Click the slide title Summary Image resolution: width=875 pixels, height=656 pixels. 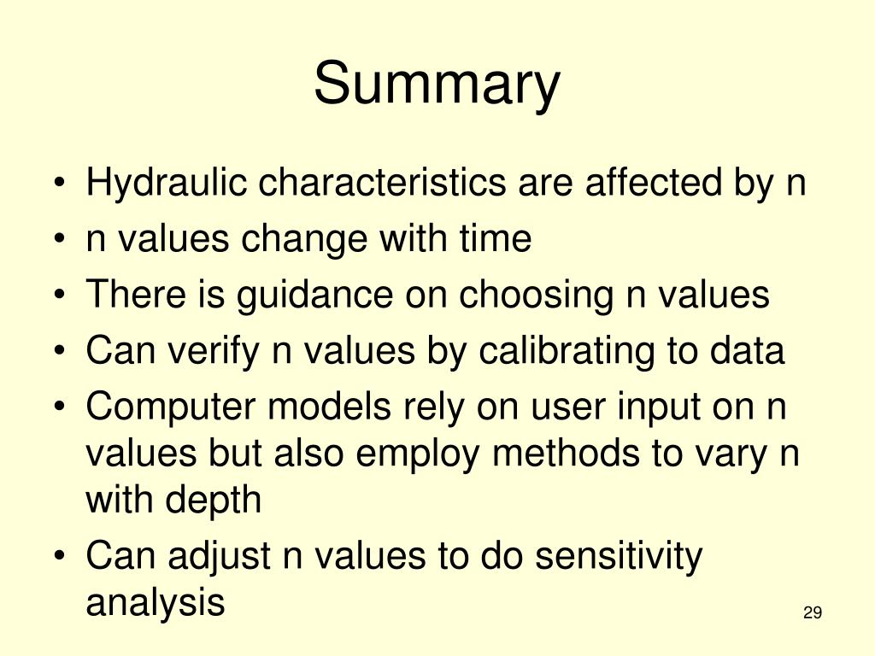[437, 85]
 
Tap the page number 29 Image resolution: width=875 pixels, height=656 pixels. [812, 612]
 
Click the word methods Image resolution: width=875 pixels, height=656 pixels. [572, 454]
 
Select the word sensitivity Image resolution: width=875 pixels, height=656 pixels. [618, 557]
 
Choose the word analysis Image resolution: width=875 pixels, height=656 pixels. [155, 603]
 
